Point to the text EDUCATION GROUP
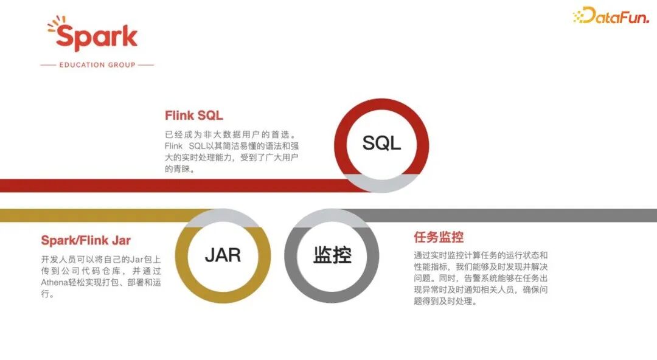click(97, 64)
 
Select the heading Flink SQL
click(194, 116)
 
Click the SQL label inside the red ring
click(381, 143)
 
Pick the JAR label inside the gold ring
click(223, 255)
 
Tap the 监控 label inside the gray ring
click(332, 255)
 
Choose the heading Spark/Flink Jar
click(86, 240)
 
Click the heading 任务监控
click(439, 237)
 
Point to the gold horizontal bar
click(91, 215)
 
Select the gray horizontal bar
click(517, 215)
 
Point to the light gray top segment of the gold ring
click(223, 218)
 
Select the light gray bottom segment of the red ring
click(381, 182)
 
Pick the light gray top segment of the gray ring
click(332, 218)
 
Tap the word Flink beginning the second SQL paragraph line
click(174, 147)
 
